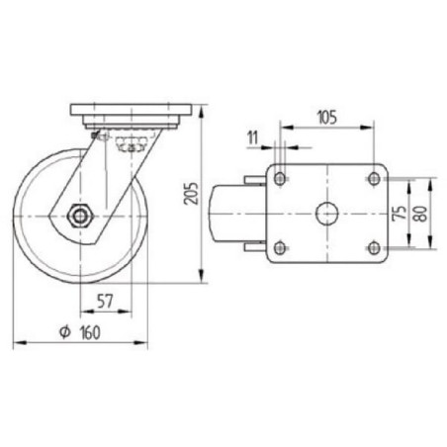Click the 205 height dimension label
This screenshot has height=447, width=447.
tap(191, 193)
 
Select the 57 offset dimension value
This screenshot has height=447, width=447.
tap(105, 301)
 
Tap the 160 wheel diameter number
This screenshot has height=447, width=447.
tap(90, 333)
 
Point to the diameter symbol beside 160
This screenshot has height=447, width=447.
tap(65, 332)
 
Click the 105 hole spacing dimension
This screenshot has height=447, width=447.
tap(327, 118)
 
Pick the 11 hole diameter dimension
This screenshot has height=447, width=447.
tap(252, 137)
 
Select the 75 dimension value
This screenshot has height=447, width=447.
tap(400, 214)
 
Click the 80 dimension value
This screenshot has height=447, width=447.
tap(421, 214)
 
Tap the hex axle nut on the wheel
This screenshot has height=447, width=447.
tap(80, 216)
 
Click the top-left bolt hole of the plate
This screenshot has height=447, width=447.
tap(280, 179)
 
